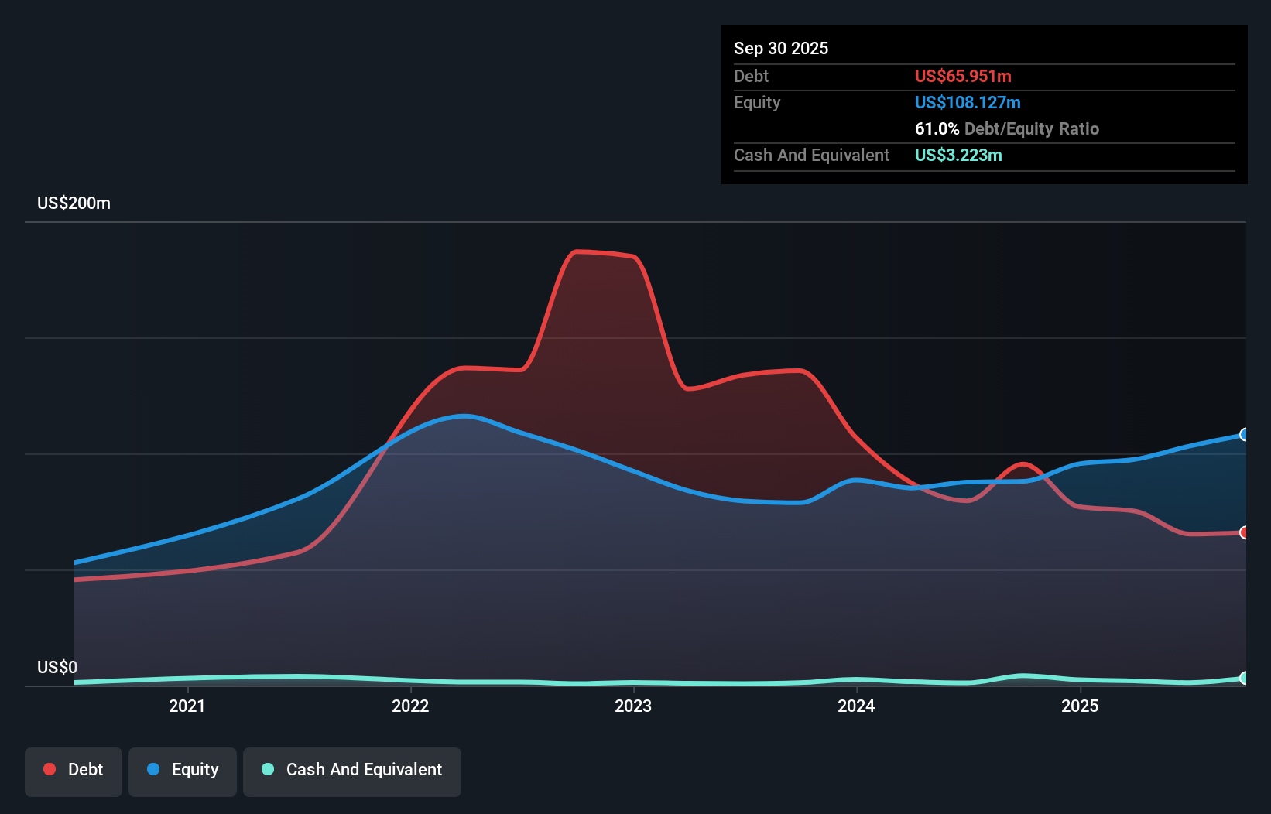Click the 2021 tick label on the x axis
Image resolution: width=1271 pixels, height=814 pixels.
click(187, 706)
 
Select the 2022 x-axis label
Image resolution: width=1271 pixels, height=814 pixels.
click(410, 706)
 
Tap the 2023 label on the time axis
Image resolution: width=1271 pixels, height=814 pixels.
click(633, 706)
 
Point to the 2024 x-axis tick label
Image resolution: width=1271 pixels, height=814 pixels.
click(856, 706)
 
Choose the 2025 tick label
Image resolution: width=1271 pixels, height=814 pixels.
click(1080, 706)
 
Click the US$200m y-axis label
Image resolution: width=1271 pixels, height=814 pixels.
click(74, 203)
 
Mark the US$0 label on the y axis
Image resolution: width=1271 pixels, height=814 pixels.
click(57, 667)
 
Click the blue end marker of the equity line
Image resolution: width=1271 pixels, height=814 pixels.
click(1245, 435)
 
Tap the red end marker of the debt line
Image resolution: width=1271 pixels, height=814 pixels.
click(1245, 532)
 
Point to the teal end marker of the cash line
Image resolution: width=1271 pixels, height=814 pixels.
click(1245, 678)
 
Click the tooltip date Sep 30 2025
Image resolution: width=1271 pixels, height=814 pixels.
click(780, 48)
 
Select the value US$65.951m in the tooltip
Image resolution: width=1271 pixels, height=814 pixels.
click(963, 76)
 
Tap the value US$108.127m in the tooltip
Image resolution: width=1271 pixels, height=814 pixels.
click(968, 102)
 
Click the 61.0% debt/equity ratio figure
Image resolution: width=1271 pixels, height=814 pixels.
click(937, 128)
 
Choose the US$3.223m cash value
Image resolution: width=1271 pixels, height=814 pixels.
click(958, 155)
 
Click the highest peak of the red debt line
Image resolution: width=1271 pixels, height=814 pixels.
click(577, 251)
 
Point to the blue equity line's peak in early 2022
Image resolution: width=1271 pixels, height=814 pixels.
click(464, 416)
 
